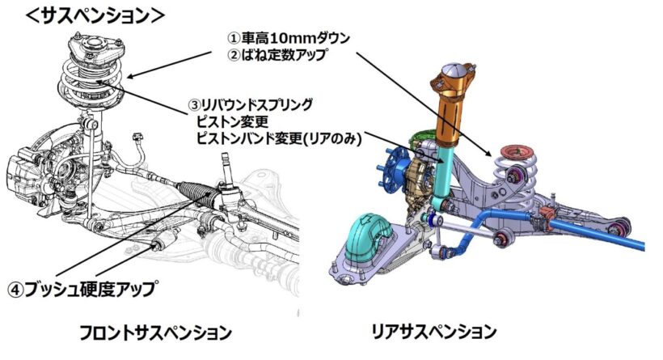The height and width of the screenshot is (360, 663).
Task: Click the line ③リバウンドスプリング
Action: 251,104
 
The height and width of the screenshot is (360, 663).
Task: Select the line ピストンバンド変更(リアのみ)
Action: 280,138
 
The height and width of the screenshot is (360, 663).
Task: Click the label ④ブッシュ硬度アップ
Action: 81,289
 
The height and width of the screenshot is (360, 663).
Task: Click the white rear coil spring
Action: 518,175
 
